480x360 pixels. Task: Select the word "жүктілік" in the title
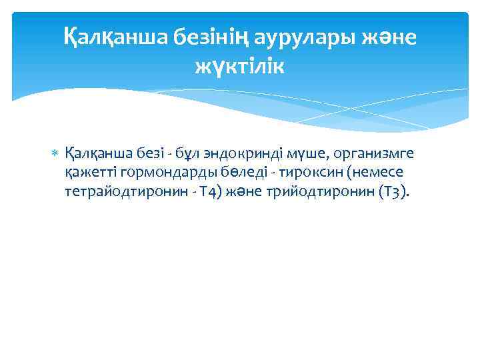(x=239, y=66)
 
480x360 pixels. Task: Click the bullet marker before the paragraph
(x=55, y=155)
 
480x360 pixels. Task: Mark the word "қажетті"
(x=88, y=173)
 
